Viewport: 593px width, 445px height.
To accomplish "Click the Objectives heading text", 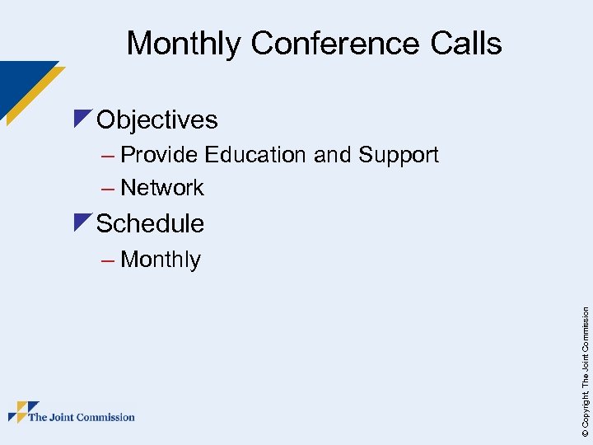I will pyautogui.click(x=157, y=120).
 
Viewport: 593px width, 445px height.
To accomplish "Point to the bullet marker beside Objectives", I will pyautogui.click(x=82, y=118).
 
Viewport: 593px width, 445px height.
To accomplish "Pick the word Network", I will pyautogui.click(x=162, y=188).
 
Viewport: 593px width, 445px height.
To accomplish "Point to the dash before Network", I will pyautogui.click(x=107, y=189).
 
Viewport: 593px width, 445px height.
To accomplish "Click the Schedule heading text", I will pyautogui.click(x=151, y=223).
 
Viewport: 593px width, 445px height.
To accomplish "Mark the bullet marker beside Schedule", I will pyautogui.click(x=82, y=221).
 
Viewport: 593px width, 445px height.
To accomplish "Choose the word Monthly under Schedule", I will pyautogui.click(x=161, y=260).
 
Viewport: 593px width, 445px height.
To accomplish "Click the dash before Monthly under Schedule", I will pyautogui.click(x=107, y=260).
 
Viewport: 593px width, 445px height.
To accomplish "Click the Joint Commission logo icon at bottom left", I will pyautogui.click(x=23, y=412).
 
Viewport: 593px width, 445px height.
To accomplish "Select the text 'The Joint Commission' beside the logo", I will pyautogui.click(x=82, y=417).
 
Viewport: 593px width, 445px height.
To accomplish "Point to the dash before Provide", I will pyautogui.click(x=107, y=156).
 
